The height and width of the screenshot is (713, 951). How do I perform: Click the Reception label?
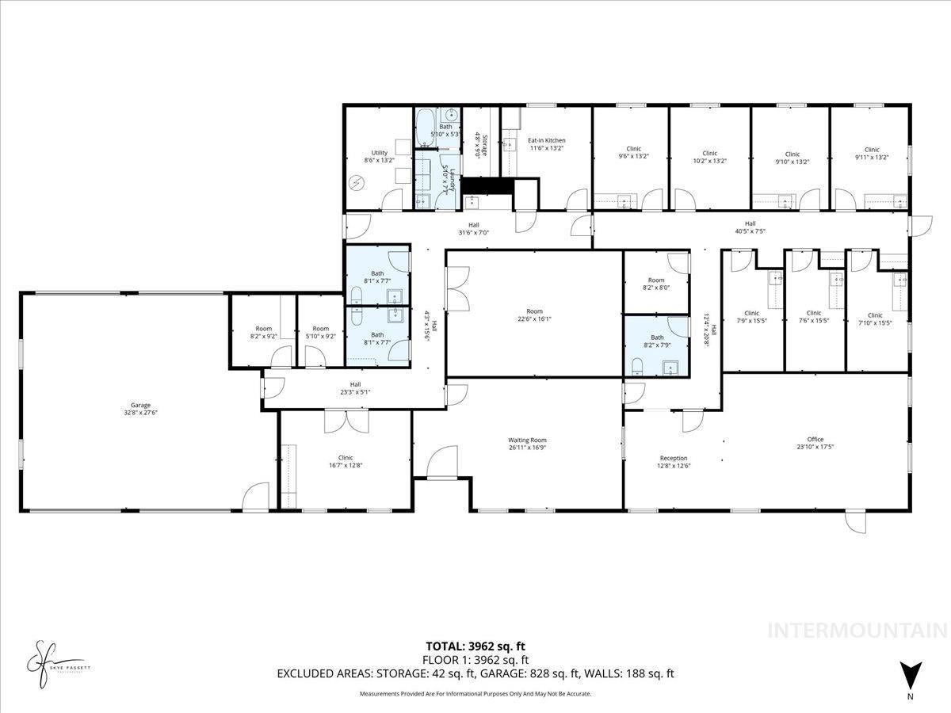point(674,458)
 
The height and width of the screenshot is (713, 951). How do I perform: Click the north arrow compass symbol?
point(911,675)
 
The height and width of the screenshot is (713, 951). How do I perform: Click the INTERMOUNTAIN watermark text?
point(858,631)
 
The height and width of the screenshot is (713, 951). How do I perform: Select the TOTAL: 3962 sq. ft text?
point(475,646)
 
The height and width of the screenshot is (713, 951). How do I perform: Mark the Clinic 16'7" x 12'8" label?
point(345,461)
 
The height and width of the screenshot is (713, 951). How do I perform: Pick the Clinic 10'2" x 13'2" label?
point(709,157)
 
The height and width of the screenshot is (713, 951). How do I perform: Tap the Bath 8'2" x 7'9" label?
point(656,341)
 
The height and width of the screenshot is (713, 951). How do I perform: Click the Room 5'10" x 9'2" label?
point(320,333)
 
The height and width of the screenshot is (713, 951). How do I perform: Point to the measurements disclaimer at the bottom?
point(475,694)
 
